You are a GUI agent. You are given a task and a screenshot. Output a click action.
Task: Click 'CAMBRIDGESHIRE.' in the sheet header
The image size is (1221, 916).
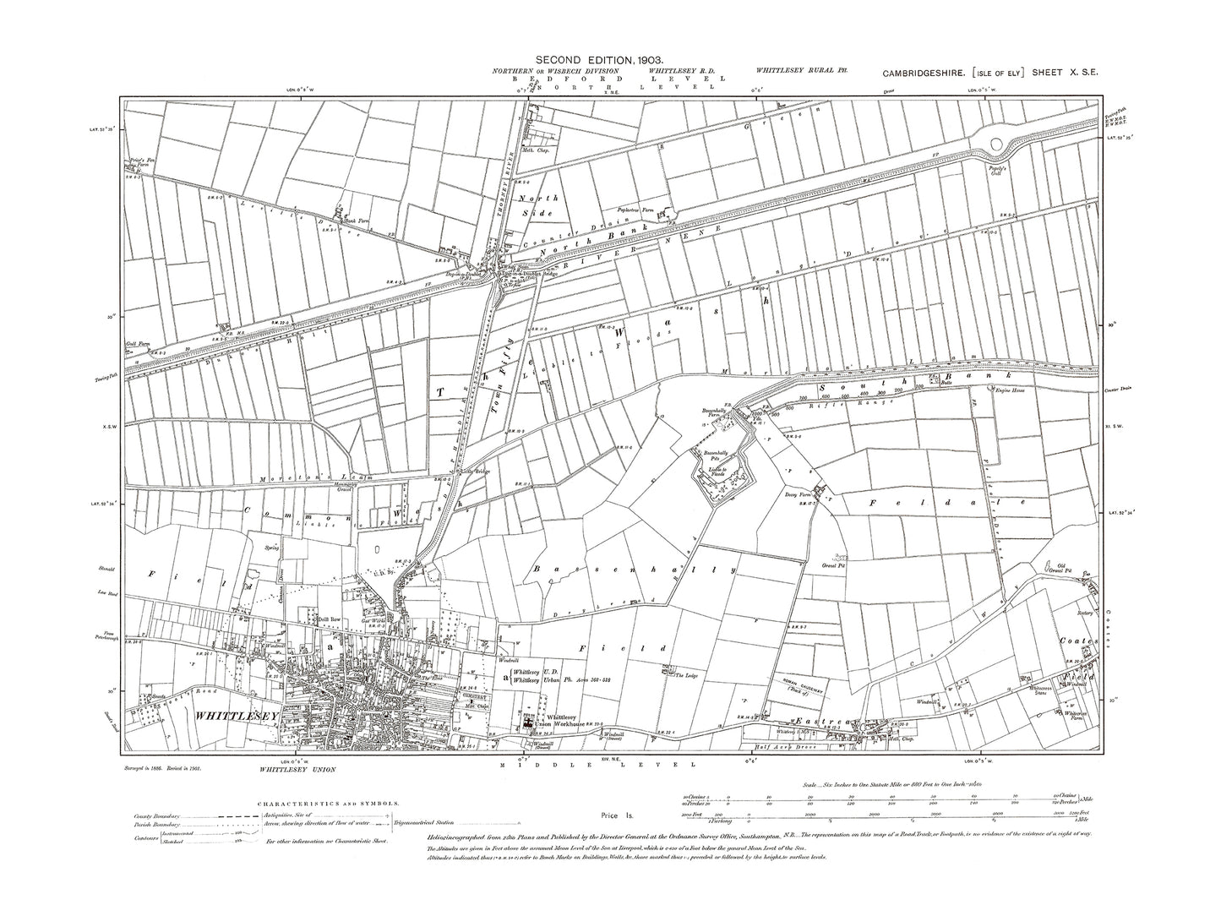(x=919, y=74)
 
